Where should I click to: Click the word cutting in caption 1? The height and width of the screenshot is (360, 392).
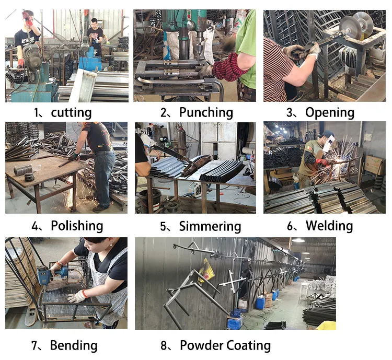click(x=71, y=113)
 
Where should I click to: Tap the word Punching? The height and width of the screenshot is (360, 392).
click(x=206, y=112)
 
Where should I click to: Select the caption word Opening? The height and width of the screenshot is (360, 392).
click(x=330, y=112)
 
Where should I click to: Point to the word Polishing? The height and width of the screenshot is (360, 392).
click(x=77, y=226)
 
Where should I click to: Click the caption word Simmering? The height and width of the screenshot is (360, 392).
click(x=210, y=226)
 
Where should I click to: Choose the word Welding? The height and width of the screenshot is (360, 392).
click(x=329, y=226)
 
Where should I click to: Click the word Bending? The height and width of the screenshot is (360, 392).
click(x=74, y=345)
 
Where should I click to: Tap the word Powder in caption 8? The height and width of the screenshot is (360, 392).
click(x=202, y=345)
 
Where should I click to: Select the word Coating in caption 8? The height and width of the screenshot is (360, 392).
click(x=248, y=345)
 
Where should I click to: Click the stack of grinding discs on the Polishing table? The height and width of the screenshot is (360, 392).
click(x=23, y=170)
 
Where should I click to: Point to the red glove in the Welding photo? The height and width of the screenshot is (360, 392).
click(x=322, y=162)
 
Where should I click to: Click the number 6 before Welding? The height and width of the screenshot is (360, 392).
click(x=290, y=226)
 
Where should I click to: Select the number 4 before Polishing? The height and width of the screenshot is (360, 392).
click(x=35, y=226)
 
